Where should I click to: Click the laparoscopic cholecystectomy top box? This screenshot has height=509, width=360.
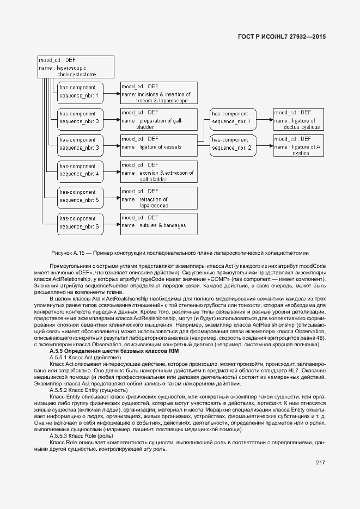point(76,66)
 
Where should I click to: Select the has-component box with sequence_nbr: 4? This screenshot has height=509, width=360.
point(80,170)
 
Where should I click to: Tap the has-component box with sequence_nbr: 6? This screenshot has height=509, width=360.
point(80,222)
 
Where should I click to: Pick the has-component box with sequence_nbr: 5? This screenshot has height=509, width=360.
point(80,196)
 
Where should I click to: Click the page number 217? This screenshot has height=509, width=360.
point(320,463)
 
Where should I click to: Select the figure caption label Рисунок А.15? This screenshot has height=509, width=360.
point(70,253)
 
